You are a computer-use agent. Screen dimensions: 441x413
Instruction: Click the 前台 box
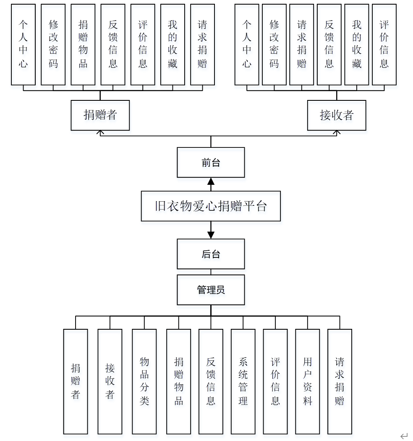point(211,162)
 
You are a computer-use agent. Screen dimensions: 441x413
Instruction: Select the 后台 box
point(211,254)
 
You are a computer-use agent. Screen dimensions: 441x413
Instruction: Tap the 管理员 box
point(211,289)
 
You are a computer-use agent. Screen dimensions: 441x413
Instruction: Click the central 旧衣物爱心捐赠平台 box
point(211,206)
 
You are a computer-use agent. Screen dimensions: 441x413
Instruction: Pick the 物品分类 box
point(144,381)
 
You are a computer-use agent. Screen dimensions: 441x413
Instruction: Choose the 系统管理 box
point(243,381)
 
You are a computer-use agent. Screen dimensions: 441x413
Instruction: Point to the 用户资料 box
point(308,381)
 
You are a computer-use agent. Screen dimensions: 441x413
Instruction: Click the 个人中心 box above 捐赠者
point(24,45)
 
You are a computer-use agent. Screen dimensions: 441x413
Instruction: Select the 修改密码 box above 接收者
point(274,45)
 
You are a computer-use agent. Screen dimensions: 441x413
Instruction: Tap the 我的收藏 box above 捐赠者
point(173,45)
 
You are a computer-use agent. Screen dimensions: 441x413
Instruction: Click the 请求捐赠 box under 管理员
point(340,381)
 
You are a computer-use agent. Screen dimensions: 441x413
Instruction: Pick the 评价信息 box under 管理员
point(275,381)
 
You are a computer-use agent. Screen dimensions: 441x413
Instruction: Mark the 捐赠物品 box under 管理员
point(179,381)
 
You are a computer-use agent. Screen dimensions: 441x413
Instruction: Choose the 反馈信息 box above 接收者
point(329,45)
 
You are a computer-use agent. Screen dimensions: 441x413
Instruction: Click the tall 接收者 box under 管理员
point(110,381)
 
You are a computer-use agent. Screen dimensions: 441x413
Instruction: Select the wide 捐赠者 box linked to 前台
point(100,115)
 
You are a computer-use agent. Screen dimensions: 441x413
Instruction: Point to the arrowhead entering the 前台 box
point(211,181)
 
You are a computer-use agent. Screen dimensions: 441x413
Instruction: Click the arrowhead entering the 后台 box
point(211,235)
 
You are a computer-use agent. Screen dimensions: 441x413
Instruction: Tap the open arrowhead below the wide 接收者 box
point(337,133)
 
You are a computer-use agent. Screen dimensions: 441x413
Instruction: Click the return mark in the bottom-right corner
point(404,436)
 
